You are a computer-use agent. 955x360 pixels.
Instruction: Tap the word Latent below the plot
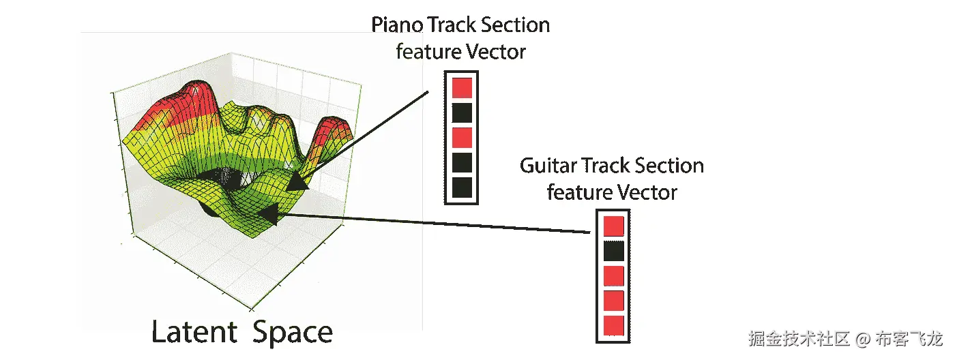click(194, 333)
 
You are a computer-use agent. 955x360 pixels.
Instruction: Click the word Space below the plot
click(293, 333)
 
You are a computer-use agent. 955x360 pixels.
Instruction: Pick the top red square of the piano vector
click(462, 87)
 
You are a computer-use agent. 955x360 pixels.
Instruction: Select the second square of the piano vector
click(462, 112)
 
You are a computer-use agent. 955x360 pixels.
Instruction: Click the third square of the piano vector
click(462, 137)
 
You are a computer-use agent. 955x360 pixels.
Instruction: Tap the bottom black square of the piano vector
click(462, 187)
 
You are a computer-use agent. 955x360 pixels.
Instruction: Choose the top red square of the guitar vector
click(614, 226)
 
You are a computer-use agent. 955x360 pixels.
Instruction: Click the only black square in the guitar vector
click(614, 251)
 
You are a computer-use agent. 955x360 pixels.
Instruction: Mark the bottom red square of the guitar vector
click(614, 325)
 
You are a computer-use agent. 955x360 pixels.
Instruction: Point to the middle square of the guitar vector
click(614, 276)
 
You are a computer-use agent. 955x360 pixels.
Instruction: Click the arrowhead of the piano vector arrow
click(297, 183)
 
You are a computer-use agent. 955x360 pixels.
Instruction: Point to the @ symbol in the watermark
click(863, 339)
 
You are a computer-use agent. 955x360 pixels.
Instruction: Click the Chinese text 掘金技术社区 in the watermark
click(799, 339)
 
